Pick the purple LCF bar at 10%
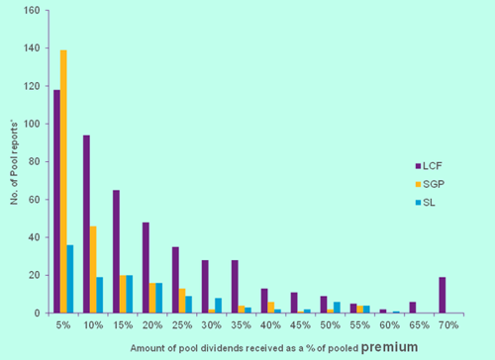[x=86, y=225]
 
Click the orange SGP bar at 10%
[x=93, y=269]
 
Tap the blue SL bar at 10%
[x=100, y=296]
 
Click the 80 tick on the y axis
[x=36, y=162]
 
